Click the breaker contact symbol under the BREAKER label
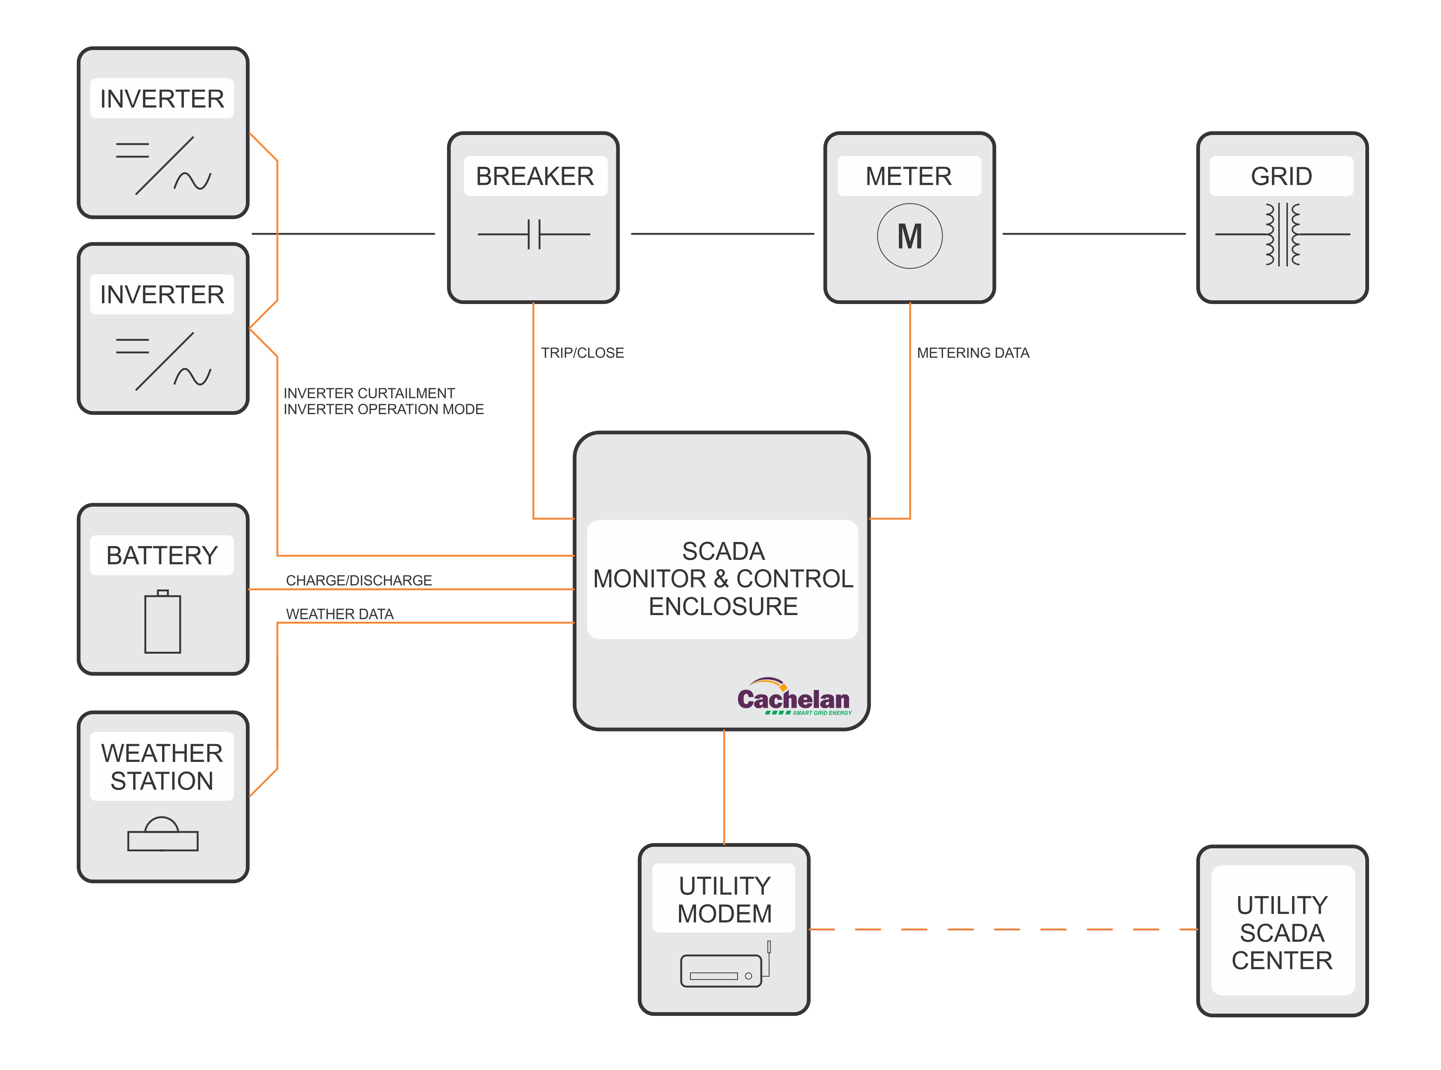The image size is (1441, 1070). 534,234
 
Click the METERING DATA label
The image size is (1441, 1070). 972,353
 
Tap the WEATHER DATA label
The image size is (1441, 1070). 339,614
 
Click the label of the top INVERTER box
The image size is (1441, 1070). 162,99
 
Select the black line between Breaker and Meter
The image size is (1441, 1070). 722,234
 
